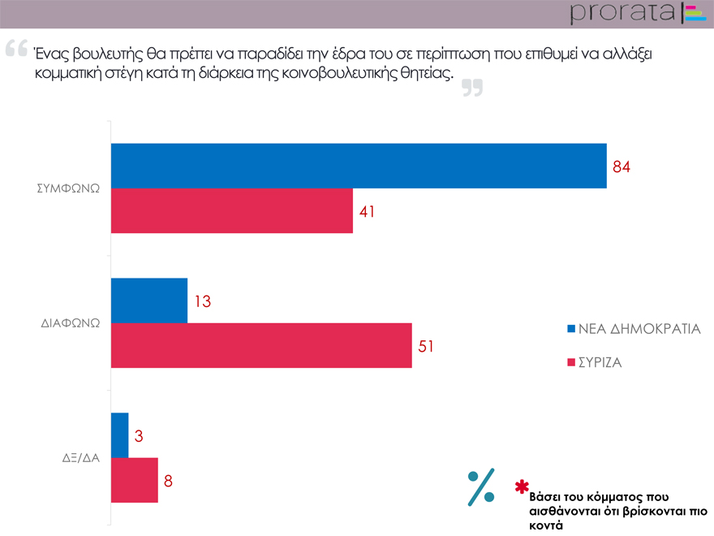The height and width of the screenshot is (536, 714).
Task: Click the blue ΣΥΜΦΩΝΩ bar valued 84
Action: (358, 166)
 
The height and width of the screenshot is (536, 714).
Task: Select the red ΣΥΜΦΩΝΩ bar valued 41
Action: (231, 211)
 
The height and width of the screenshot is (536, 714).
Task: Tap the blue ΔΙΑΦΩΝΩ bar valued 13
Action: (148, 300)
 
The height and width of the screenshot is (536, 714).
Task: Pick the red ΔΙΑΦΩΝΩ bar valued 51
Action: (260, 346)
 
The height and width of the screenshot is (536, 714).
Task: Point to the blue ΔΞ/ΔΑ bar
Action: (119, 435)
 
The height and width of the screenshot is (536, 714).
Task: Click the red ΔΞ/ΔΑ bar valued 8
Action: (134, 480)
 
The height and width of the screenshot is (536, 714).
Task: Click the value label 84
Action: (622, 167)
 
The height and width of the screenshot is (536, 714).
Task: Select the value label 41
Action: (368, 212)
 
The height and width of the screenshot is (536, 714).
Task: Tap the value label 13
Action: (202, 301)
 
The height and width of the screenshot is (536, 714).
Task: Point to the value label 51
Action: (427, 347)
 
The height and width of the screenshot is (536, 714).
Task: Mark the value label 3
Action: (139, 436)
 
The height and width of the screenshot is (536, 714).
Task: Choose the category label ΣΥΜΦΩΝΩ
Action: (68, 188)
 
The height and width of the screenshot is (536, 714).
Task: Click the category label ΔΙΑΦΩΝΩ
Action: (70, 322)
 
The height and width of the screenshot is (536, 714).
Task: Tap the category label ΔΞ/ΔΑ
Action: (80, 457)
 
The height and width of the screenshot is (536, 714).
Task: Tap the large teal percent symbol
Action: (481, 487)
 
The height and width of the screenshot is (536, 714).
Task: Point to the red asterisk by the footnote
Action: (522, 487)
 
